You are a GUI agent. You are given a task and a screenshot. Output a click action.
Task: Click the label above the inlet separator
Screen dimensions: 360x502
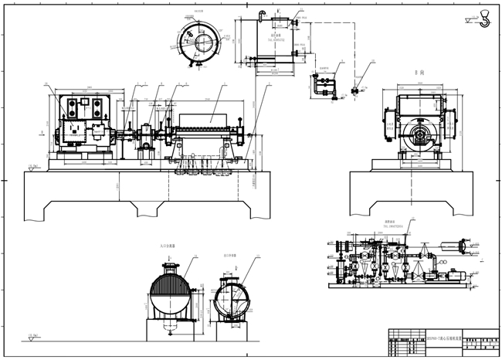(x=169, y=245)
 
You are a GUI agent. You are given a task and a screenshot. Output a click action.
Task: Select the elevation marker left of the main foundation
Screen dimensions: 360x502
(x=32, y=166)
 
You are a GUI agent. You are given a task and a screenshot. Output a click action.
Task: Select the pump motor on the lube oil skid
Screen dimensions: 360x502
(x=450, y=273)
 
